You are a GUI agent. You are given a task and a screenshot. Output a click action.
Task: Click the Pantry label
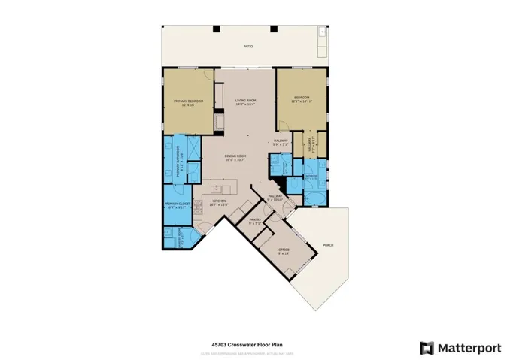coord(254,221)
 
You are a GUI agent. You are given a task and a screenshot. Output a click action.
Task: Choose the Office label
coord(284,250)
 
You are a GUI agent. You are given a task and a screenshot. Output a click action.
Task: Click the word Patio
coord(247,47)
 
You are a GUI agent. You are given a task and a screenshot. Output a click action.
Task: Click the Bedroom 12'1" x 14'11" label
coord(301,99)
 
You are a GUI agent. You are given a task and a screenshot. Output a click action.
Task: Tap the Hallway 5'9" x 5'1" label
coord(281,143)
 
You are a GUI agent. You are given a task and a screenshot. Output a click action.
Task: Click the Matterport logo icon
coord(427,347)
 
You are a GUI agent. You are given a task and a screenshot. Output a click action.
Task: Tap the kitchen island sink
coord(215,189)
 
